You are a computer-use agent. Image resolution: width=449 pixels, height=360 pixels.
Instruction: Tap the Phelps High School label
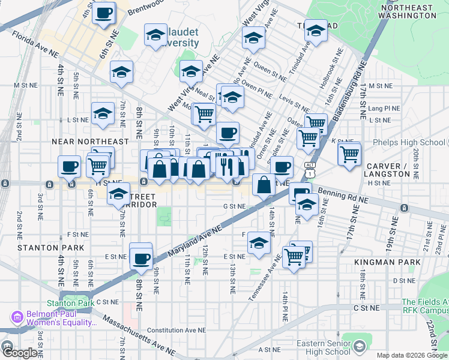[408, 143]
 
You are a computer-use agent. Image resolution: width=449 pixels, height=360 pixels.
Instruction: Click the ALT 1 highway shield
[309, 169]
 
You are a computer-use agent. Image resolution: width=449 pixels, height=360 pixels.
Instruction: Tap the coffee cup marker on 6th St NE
[104, 13]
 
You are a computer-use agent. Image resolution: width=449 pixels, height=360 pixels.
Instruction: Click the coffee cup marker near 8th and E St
[141, 259]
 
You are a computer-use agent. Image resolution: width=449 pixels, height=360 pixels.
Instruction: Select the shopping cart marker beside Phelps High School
[349, 154]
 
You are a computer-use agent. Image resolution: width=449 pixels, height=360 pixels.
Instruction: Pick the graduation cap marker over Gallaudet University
[155, 35]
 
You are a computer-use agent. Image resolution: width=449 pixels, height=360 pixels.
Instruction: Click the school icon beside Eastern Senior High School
[359, 346]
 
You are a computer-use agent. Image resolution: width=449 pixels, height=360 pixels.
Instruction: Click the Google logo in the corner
[21, 353]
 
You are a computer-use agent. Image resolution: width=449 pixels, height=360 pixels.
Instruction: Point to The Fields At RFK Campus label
[424, 306]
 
